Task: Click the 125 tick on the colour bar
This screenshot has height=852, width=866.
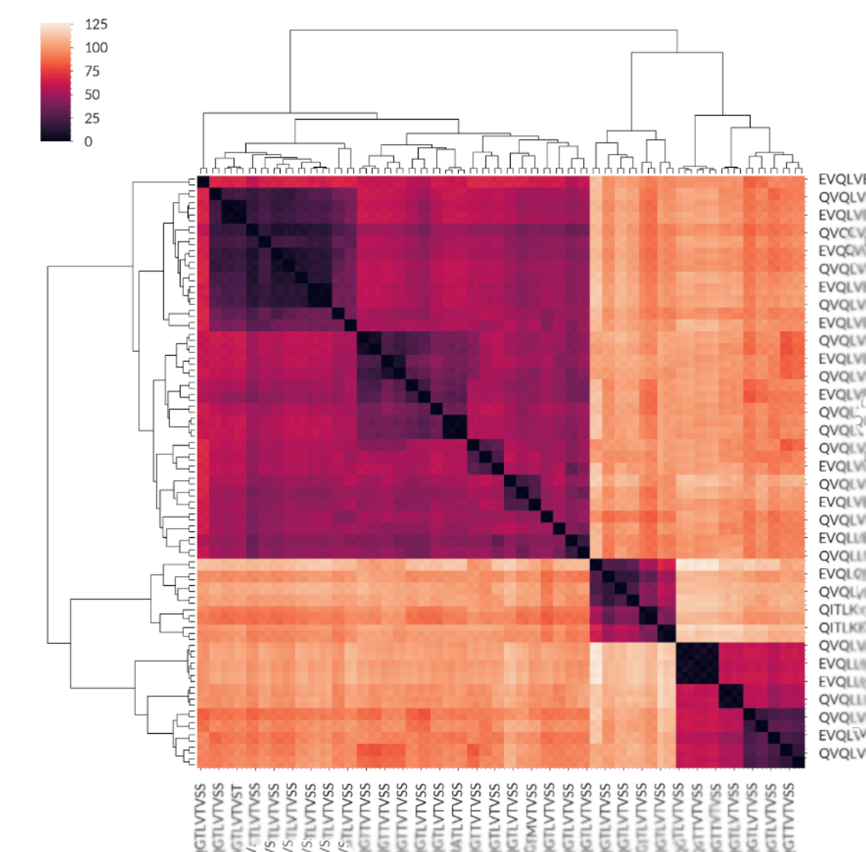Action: [96, 24]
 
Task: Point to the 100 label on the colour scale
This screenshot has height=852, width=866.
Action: [96, 47]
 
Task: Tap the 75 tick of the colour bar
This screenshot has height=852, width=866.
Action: [92, 71]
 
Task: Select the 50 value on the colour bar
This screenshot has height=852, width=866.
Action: [92, 94]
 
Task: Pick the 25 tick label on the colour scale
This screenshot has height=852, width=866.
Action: [92, 118]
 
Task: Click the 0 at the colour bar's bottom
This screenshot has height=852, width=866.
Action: [88, 141]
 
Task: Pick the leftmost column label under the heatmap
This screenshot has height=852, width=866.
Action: [201, 815]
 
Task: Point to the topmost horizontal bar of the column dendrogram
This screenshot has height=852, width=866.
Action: [483, 30]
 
